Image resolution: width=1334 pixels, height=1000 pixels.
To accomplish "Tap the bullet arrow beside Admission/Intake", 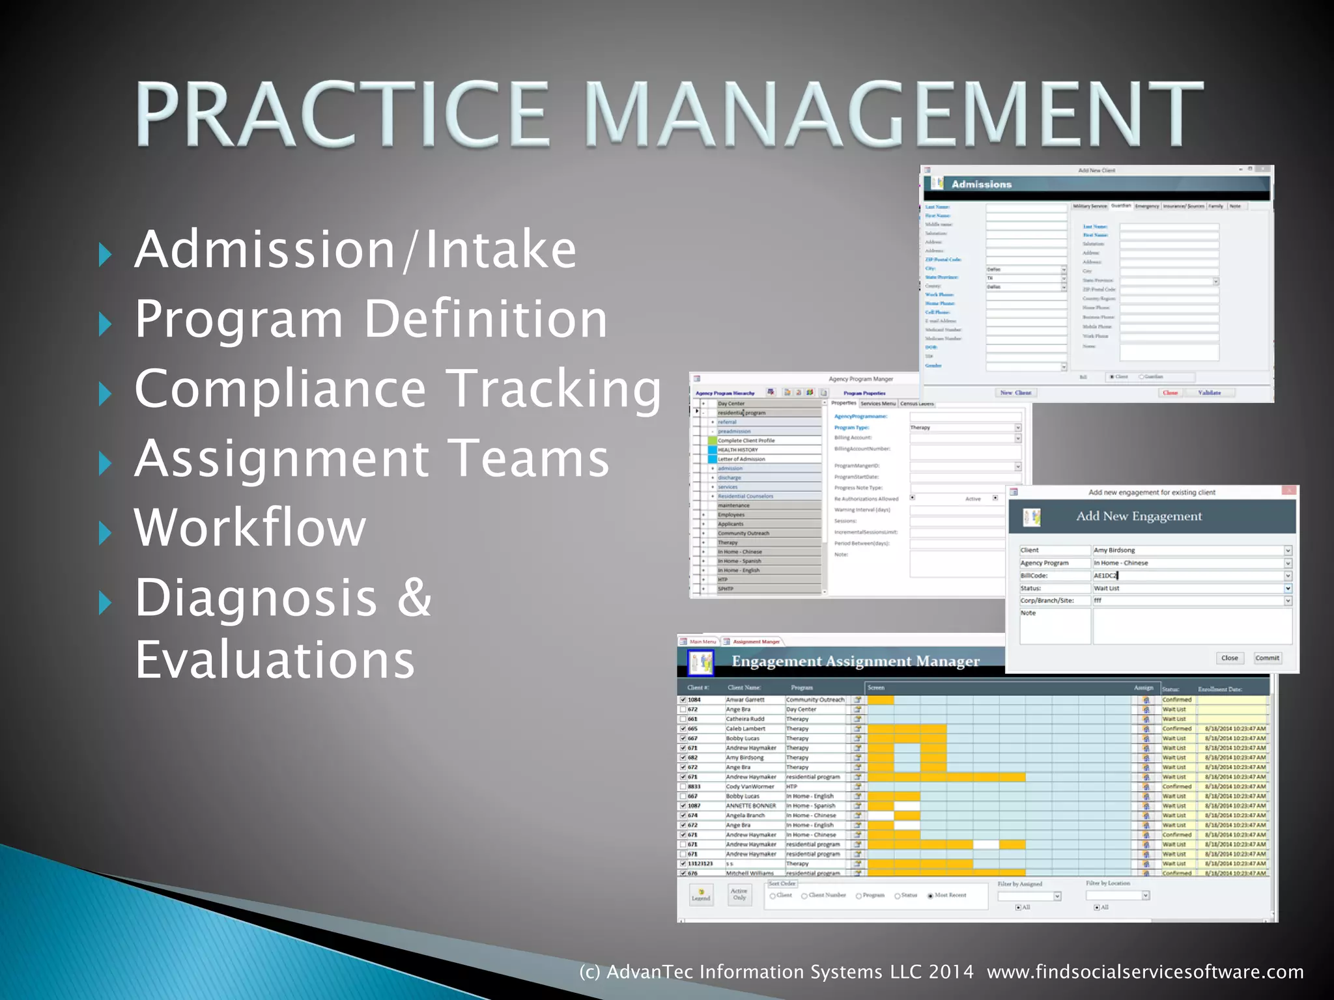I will click(x=105, y=255).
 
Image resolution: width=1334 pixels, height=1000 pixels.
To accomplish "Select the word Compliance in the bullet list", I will click(x=280, y=389).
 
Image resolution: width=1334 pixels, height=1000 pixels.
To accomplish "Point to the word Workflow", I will click(x=250, y=527).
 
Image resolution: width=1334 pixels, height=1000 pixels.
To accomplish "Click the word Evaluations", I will click(x=274, y=660).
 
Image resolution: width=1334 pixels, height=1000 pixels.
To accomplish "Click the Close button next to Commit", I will click(x=1229, y=658).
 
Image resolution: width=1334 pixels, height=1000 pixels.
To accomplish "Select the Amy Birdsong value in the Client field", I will click(x=1114, y=550).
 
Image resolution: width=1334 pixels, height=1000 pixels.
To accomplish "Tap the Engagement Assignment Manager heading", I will click(x=855, y=661).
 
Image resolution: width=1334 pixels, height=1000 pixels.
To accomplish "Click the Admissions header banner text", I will click(x=981, y=184).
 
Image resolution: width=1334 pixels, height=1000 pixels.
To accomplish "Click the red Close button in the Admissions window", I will click(x=1170, y=393).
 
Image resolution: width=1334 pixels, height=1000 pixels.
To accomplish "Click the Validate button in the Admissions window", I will click(x=1210, y=393).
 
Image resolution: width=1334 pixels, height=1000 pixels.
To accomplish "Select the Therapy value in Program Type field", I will click(x=920, y=428).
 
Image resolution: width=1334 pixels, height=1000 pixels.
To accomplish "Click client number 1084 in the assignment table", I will click(x=694, y=700).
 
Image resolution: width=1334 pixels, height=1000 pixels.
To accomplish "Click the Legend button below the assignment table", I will click(x=701, y=895).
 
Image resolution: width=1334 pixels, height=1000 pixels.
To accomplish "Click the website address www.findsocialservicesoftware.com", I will click(x=1145, y=972).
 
